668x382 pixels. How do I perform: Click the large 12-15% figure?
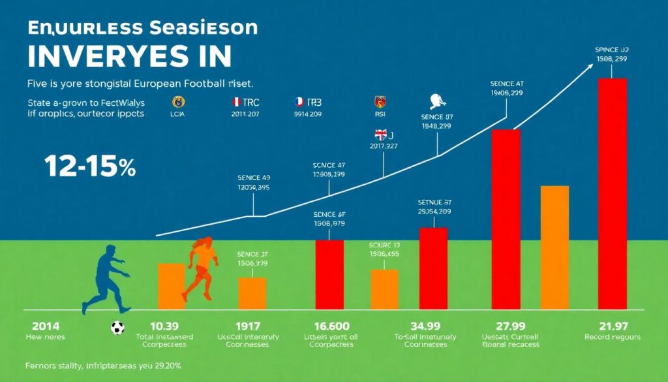[x=91, y=167]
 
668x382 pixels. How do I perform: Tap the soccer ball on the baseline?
[x=117, y=328]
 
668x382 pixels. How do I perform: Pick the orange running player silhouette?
[x=201, y=268]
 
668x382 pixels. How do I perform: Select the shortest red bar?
[x=329, y=274]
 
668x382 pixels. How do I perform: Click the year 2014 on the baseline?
[x=38, y=326]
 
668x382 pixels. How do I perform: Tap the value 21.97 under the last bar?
[x=612, y=326]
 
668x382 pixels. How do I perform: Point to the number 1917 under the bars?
[x=248, y=326]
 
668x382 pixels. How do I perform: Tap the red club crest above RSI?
[x=381, y=101]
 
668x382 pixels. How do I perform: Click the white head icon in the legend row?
[x=438, y=101]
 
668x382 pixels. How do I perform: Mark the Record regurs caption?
[x=612, y=338]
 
